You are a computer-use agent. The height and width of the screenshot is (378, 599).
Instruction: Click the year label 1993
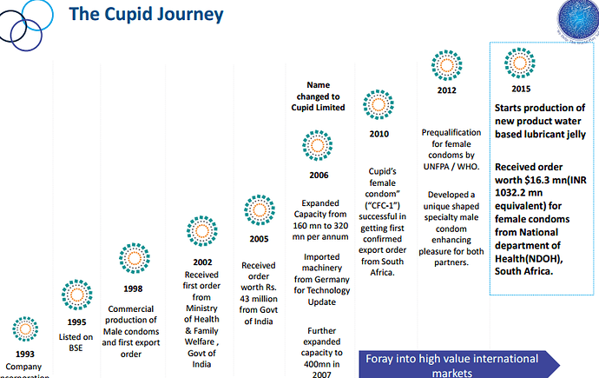pyautogui.click(x=25, y=354)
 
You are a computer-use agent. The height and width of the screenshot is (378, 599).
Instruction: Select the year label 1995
pyautogui.click(x=76, y=322)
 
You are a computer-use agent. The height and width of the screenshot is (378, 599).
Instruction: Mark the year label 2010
pyautogui.click(x=378, y=135)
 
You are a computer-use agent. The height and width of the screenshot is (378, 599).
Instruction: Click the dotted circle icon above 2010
pyautogui.click(x=378, y=104)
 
